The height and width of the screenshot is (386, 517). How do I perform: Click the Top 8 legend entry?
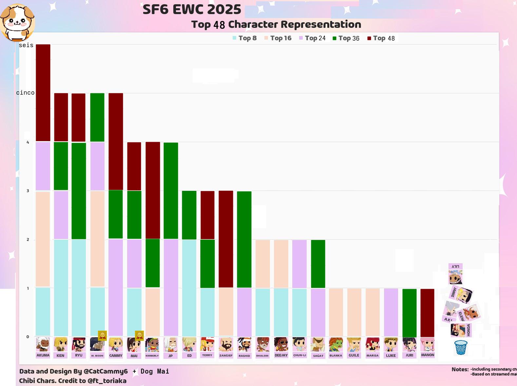[x=244, y=38]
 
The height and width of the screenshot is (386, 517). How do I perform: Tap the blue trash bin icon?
[x=461, y=347]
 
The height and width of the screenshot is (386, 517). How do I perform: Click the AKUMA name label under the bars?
[x=43, y=355]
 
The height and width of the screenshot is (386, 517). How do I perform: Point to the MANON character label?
[x=428, y=355]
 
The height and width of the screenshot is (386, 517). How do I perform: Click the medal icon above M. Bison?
[x=102, y=335]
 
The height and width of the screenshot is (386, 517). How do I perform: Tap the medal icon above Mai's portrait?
[x=139, y=335]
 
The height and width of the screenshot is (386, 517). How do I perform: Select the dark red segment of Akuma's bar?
[x=43, y=93]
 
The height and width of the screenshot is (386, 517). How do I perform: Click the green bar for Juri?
[x=409, y=313]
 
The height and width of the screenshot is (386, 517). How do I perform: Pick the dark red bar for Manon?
[x=427, y=313]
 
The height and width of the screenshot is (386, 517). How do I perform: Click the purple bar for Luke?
[x=391, y=313]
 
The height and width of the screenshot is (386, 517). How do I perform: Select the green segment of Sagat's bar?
[x=318, y=264]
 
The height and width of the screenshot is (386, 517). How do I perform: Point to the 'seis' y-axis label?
[x=26, y=45]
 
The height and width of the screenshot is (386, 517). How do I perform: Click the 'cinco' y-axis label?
[x=26, y=93]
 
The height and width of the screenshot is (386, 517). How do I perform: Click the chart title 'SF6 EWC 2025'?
[x=192, y=9]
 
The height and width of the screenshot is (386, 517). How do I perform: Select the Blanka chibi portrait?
[x=336, y=344]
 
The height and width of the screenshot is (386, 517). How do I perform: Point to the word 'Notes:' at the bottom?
[x=460, y=369]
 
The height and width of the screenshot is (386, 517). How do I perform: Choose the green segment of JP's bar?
[x=171, y=191]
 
